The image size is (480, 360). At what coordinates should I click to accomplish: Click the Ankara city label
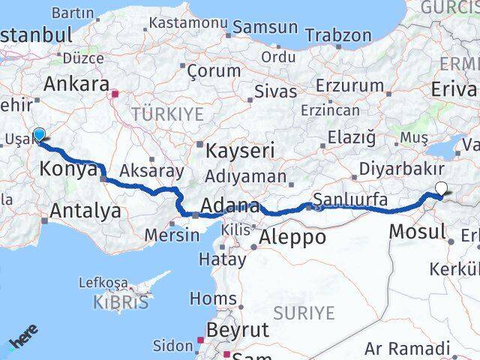pos(76,84)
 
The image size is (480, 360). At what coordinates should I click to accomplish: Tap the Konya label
pos(64,169)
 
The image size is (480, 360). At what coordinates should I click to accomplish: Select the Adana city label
pos(231,205)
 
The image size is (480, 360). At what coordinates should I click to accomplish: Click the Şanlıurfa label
pos(351,199)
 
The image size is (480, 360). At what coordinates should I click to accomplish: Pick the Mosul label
pos(418,231)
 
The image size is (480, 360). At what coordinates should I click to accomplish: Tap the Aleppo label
pos(292,238)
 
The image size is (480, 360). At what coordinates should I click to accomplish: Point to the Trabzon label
pos(339,35)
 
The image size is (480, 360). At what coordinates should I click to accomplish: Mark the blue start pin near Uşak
pos(39,134)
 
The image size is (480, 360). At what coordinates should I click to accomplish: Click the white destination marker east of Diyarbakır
pos(440,189)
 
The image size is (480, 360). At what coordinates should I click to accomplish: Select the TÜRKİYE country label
pos(167,113)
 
